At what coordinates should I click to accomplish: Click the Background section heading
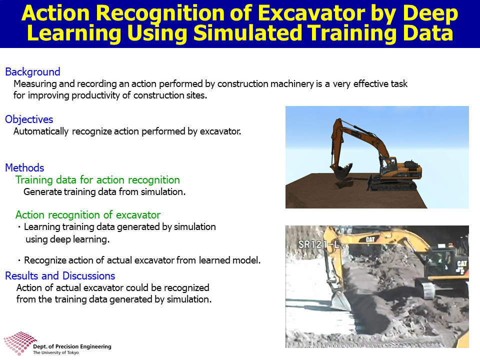pos(33,72)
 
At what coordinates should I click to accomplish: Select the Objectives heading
pos(29,119)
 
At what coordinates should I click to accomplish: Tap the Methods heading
pos(24,168)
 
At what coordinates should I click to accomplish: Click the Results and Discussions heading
pos(60,276)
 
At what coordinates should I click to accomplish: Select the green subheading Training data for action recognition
pos(97,180)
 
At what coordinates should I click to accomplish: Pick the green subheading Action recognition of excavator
pos(88,215)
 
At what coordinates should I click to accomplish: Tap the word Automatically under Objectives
pos(41,131)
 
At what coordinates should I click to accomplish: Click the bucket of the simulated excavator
pos(341,172)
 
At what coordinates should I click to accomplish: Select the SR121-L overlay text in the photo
pos(319,244)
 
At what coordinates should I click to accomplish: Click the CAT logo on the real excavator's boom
pos(370,239)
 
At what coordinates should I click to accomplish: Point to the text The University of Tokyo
pos(55,352)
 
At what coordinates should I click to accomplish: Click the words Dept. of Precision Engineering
pos(72,346)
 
